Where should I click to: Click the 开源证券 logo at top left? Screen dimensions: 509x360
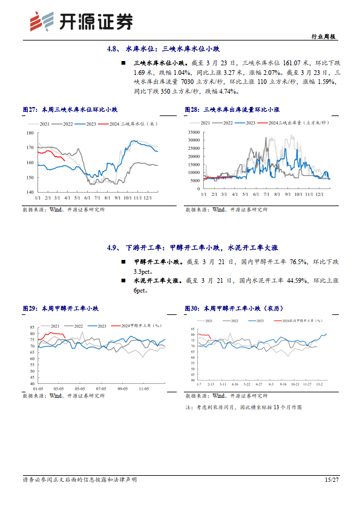(x=82, y=22)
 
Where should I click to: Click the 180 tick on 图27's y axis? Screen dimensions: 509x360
(x=30, y=133)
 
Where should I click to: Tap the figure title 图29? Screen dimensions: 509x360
(x=61, y=308)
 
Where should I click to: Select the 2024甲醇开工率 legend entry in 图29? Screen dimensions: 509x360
(x=140, y=325)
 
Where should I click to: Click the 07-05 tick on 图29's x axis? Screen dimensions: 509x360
(x=102, y=389)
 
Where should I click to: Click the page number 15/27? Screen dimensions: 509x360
(x=330, y=479)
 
